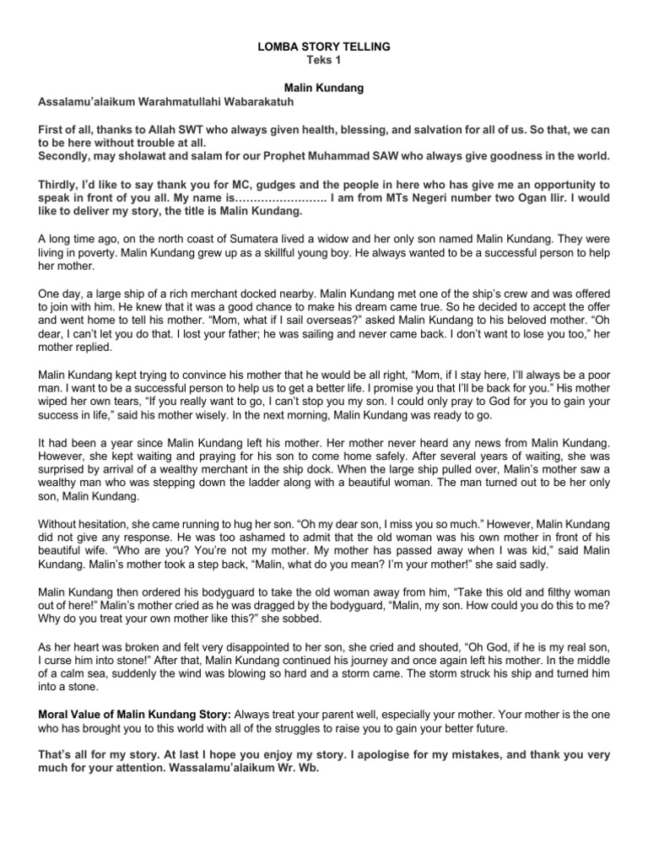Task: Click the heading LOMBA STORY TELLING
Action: [324, 48]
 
